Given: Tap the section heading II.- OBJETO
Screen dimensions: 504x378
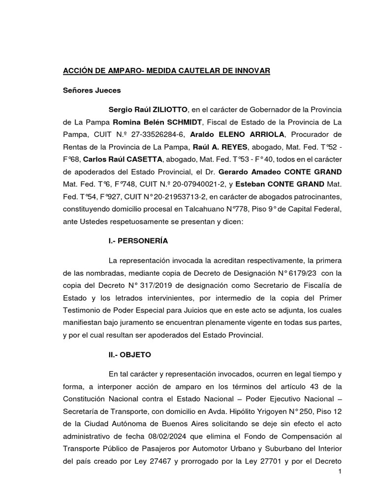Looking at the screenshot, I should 122,355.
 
